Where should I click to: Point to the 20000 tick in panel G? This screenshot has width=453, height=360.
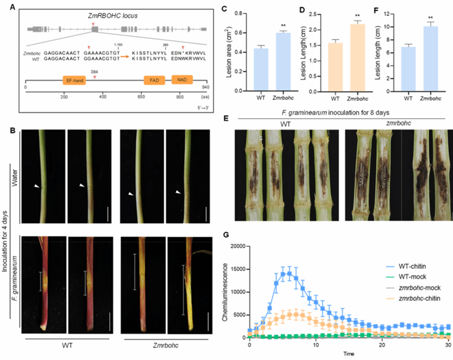237,246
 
